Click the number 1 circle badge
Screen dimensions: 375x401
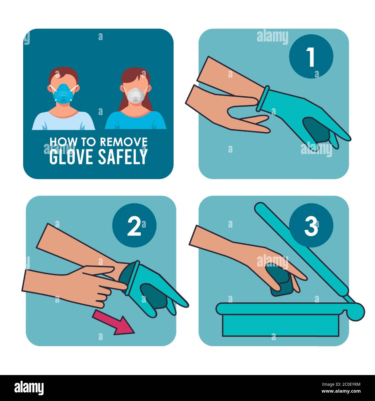[311, 56]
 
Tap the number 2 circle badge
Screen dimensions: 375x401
[134, 225]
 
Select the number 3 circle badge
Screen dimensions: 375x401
[311, 225]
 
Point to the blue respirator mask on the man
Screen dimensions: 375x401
[63, 93]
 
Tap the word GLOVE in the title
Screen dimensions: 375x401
[71, 156]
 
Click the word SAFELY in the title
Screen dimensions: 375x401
[123, 156]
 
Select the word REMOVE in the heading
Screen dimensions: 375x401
[124, 142]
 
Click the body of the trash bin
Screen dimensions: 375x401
[281, 325]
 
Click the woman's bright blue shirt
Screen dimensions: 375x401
[136, 120]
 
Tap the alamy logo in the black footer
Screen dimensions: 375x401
[29, 388]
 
